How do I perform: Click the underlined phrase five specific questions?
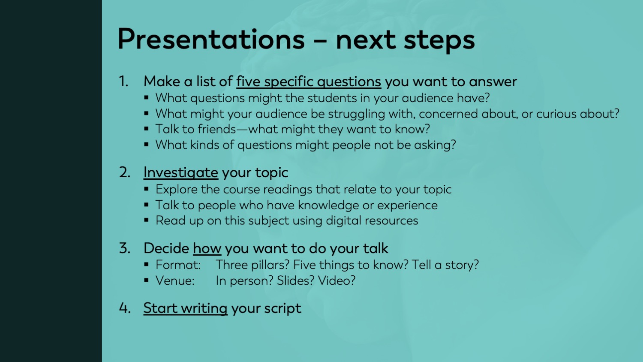[x=308, y=81]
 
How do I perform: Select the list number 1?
[x=123, y=81]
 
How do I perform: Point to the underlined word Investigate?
[x=180, y=172]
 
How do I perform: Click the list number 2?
[x=125, y=172]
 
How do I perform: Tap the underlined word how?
[x=207, y=248]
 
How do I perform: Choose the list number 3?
[x=125, y=248]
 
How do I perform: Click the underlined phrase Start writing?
[x=185, y=308]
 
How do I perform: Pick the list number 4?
[x=125, y=308]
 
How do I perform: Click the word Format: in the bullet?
[x=178, y=265]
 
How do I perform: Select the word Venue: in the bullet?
[x=175, y=281]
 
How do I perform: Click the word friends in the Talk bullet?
[x=217, y=129]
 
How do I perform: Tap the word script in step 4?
[x=282, y=308]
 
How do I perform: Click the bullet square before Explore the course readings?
[x=147, y=189]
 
